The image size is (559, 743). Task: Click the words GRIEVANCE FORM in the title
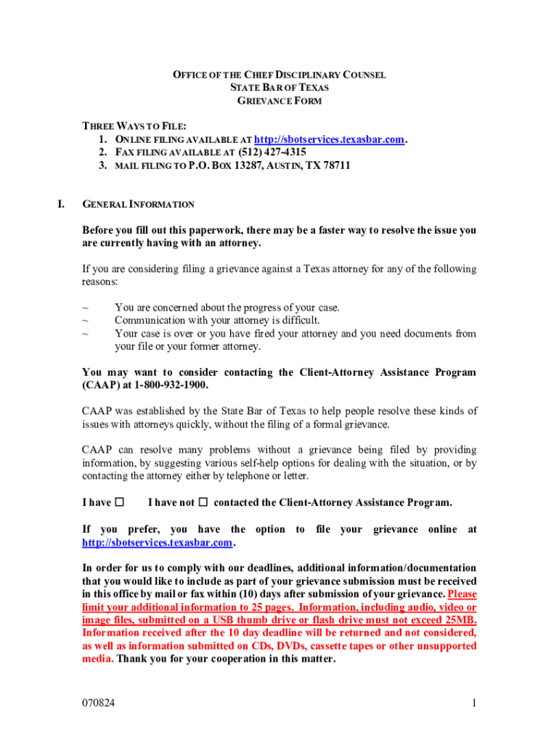coord(279,101)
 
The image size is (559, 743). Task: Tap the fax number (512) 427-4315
coord(272,152)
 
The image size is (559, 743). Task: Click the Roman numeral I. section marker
coord(62,205)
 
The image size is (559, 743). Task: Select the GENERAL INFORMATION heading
coord(138,205)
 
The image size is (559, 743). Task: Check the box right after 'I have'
coord(120,502)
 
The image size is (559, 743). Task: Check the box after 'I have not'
coord(203,502)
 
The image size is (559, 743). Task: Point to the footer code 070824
coord(99,703)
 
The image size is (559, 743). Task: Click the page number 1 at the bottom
coord(473,703)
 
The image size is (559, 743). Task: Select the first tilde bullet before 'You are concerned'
coord(86,308)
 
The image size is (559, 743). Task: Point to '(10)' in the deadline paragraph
coord(251,594)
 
